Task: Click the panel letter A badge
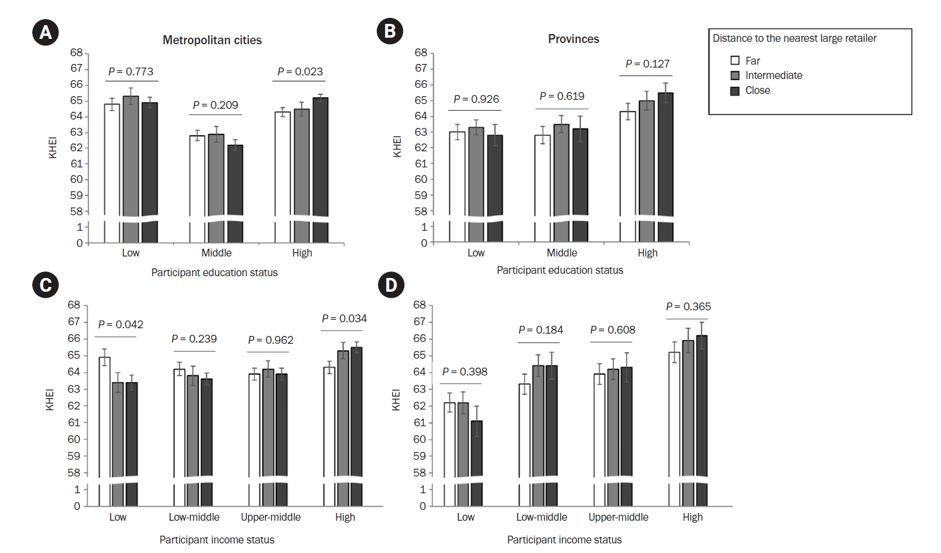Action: (x=45, y=33)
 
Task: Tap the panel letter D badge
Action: (x=390, y=285)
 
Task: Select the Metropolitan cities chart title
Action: (x=212, y=40)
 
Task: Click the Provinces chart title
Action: (x=573, y=39)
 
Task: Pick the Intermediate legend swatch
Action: (x=735, y=76)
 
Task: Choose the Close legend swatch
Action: (x=735, y=91)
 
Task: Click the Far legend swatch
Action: (x=735, y=61)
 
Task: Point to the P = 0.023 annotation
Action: (x=300, y=72)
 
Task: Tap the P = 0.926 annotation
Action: (x=476, y=99)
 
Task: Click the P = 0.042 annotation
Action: (x=121, y=325)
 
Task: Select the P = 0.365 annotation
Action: (x=688, y=307)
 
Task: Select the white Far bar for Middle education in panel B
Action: (x=543, y=179)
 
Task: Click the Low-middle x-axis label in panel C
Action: (x=194, y=517)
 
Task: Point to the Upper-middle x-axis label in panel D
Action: (x=618, y=517)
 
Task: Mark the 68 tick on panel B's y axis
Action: (x=420, y=53)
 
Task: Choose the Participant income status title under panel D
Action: (x=564, y=540)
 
